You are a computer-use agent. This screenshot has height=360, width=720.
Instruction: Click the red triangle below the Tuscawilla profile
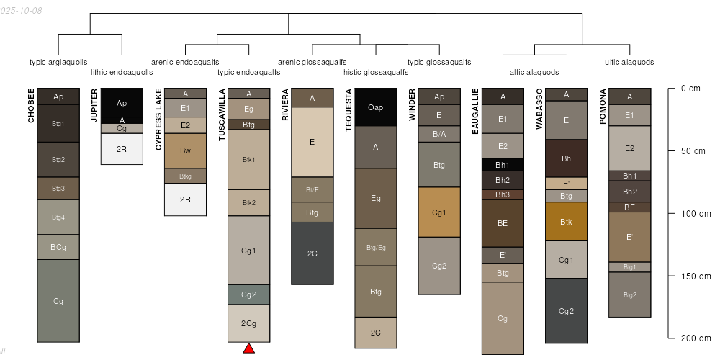click(x=248, y=348)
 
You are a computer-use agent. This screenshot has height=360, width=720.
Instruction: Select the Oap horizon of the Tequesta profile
click(x=376, y=107)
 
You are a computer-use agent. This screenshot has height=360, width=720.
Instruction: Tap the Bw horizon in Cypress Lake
click(x=185, y=151)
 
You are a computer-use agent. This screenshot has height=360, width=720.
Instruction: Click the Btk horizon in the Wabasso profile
click(x=566, y=222)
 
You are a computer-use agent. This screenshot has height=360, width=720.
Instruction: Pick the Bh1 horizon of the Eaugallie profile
click(x=503, y=165)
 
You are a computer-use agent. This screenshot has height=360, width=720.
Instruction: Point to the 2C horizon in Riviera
click(x=312, y=253)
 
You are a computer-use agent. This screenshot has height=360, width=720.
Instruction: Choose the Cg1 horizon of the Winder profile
click(x=439, y=212)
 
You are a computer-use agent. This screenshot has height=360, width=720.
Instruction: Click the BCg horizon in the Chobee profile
click(x=58, y=247)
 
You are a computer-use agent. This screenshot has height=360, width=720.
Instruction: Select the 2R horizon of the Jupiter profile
click(x=122, y=149)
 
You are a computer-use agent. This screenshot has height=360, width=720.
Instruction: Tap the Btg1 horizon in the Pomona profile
click(x=629, y=267)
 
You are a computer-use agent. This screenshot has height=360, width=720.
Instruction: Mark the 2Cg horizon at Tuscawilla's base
click(x=248, y=323)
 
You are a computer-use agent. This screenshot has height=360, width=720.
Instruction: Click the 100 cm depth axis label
click(x=690, y=214)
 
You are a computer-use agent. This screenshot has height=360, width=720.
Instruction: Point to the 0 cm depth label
click(x=690, y=89)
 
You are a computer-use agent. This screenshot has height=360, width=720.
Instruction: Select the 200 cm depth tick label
click(x=690, y=338)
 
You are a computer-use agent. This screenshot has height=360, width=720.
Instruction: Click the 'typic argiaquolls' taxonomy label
click(x=58, y=62)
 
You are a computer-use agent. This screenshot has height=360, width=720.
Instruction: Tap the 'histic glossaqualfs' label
click(x=376, y=72)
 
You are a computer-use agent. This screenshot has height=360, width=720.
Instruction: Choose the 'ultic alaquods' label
click(x=629, y=62)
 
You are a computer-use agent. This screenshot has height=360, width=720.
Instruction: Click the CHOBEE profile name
click(x=31, y=106)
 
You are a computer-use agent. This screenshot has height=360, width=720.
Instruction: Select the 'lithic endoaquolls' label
click(x=122, y=72)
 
